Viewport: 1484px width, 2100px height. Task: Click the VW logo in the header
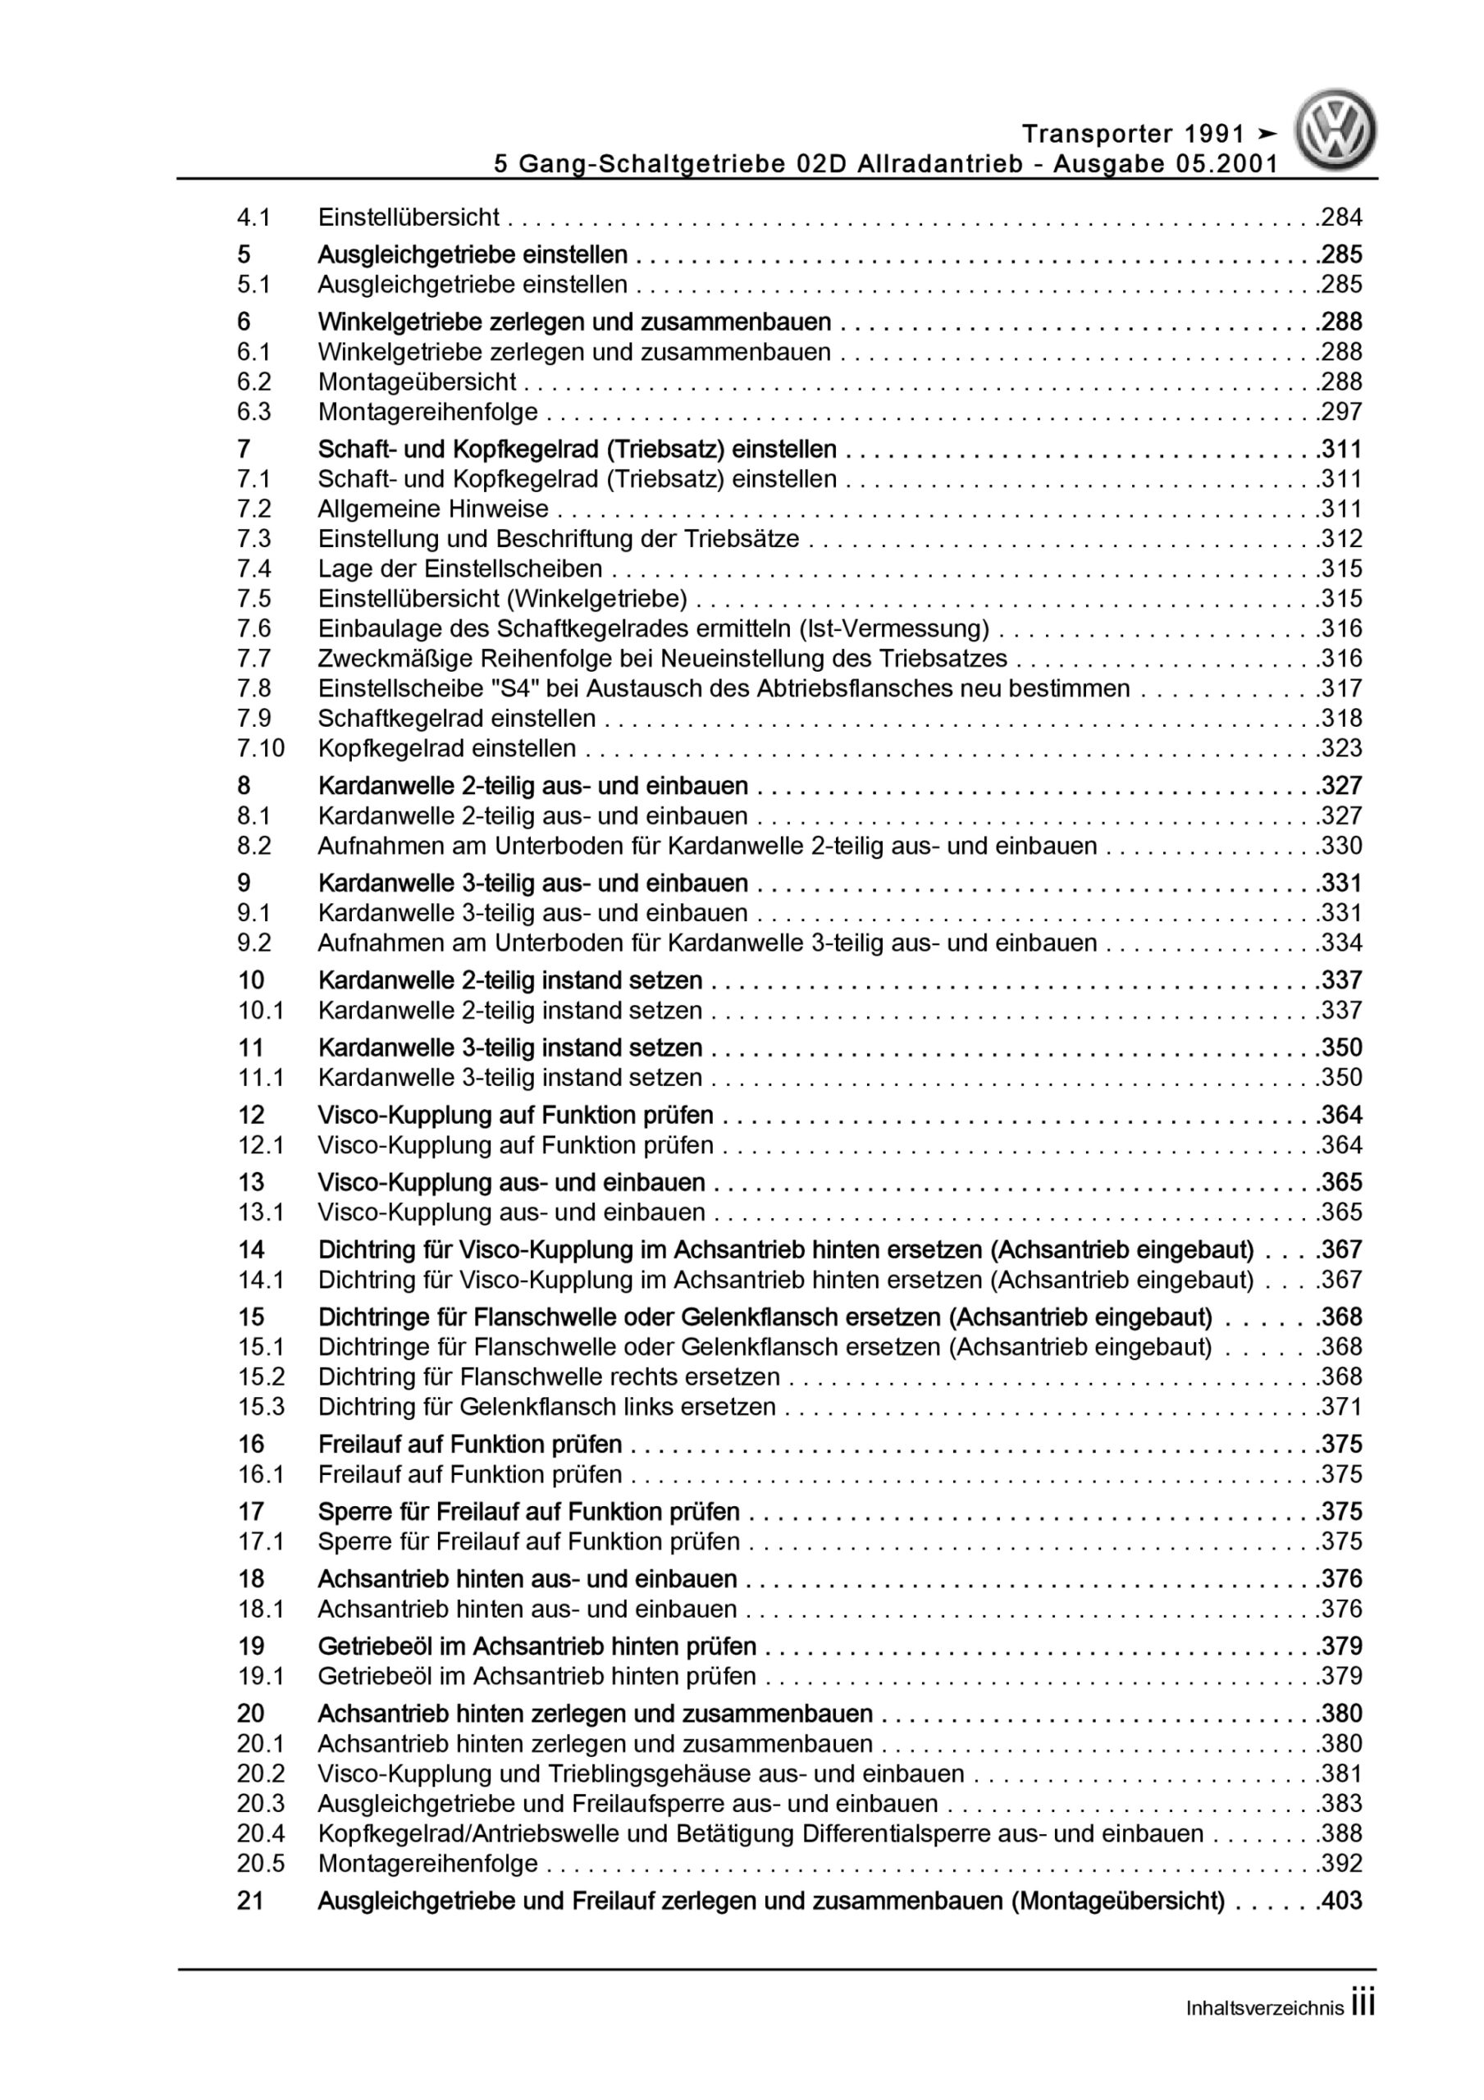pos(1335,130)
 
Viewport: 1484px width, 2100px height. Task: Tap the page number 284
pos(1342,217)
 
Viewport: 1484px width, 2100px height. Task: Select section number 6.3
pos(254,412)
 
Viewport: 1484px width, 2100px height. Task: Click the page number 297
pos(1342,412)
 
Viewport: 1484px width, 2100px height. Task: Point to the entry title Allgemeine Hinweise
pos(433,509)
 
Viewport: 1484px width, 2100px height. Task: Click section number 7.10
pos(261,748)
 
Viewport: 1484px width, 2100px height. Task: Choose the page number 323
pos(1342,748)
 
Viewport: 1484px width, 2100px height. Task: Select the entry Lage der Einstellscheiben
pos(459,569)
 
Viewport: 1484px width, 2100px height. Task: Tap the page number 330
pos(1342,845)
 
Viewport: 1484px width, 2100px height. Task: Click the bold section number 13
pos(252,1182)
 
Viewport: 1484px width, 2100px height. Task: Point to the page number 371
pos(1342,1407)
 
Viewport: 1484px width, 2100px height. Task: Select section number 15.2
pos(261,1376)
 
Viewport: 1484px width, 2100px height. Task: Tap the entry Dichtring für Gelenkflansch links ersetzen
pos(546,1407)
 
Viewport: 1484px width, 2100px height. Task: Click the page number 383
pos(1342,1804)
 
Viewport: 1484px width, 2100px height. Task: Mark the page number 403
pos(1342,1901)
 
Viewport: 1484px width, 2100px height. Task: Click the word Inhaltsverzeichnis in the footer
pos(1264,2009)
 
